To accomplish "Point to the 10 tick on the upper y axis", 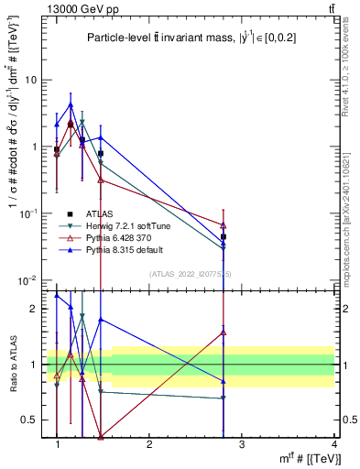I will coord(30,80).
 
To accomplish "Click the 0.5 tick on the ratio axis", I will coord(28,420).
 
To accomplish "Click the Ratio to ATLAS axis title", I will coord(13,364).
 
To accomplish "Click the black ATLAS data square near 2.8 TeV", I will coord(224,236).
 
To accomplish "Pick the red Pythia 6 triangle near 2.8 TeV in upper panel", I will coord(224,224).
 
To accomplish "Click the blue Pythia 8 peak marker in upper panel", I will coord(71,105).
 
